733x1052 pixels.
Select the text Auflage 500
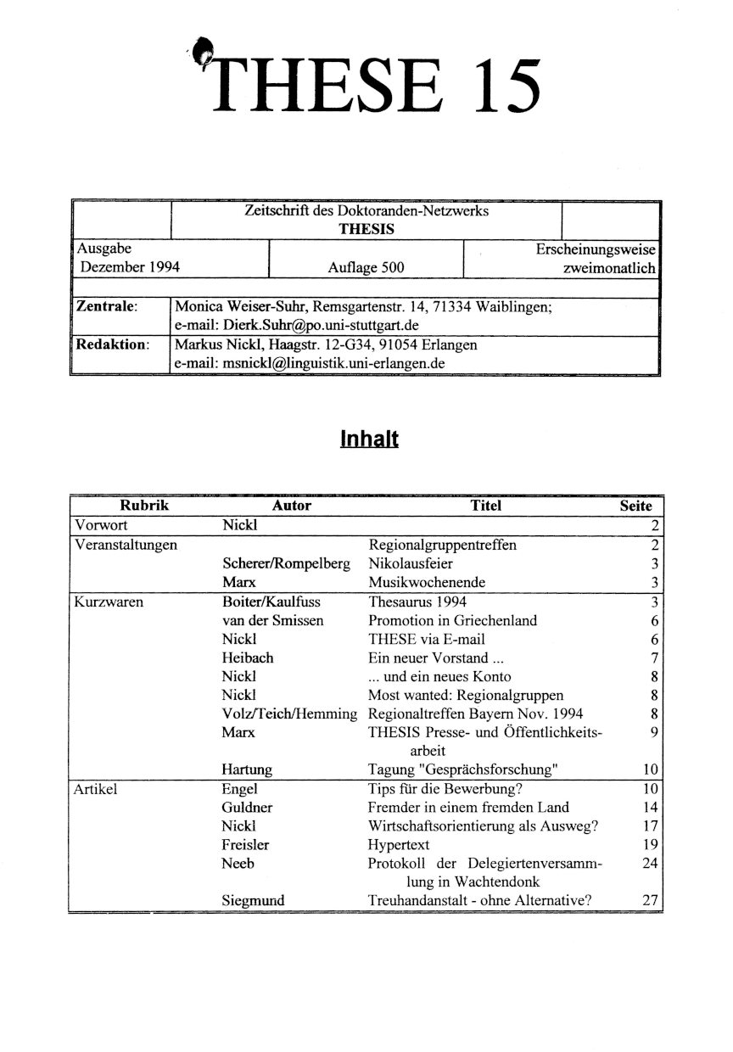[366, 268]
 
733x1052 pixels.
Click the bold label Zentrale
[107, 305]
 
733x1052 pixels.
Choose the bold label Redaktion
[112, 345]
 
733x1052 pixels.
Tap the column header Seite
[636, 506]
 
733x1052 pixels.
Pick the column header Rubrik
[145, 506]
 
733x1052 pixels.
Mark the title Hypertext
[399, 845]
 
